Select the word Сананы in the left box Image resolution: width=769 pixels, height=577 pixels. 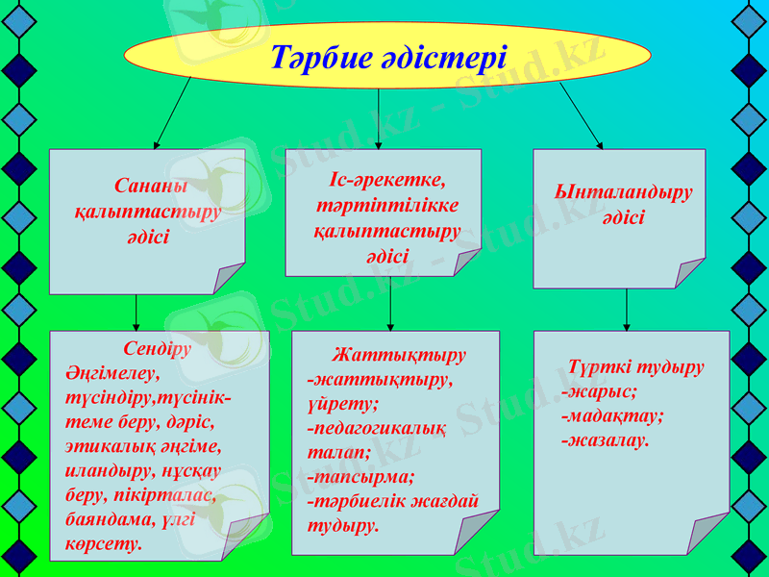point(150,185)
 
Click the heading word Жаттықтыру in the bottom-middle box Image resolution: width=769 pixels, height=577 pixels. point(399,355)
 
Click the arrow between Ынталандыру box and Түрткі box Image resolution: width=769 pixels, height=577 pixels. point(627,310)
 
